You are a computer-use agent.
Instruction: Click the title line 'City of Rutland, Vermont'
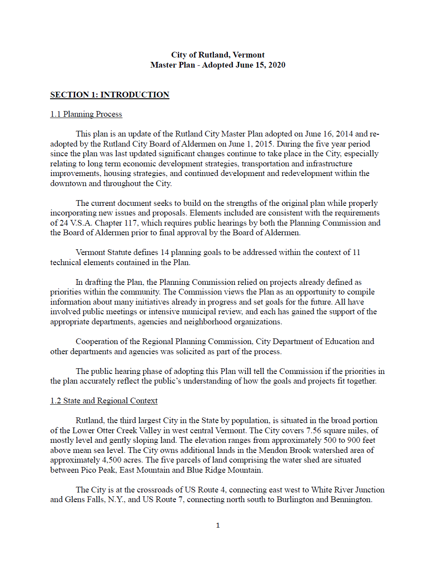tap(218, 55)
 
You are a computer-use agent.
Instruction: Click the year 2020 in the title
tap(277, 65)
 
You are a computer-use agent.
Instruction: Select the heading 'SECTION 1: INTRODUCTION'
tap(110, 95)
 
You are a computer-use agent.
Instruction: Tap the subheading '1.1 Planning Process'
tap(86, 114)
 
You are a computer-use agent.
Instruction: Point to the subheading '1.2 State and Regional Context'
tap(104, 401)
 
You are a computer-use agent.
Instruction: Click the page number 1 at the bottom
tap(218, 525)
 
